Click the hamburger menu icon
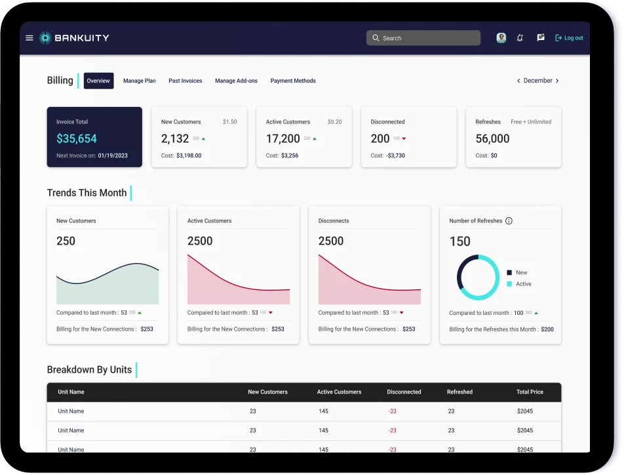coord(29,38)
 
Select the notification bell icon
coord(520,38)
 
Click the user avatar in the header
coord(501,38)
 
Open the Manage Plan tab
coord(140,81)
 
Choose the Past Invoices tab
coord(185,81)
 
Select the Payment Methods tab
coord(293,81)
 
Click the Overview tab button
coord(98,81)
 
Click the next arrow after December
coord(557,81)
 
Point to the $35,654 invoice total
coord(77,138)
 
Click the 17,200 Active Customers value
coord(283,138)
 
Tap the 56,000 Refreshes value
coord(492,138)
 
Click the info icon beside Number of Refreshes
coord(509,221)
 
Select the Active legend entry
coord(523,284)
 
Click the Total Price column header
coord(530,392)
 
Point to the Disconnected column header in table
coord(404,392)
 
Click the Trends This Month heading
coord(87,193)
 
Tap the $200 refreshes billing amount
coord(547,329)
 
